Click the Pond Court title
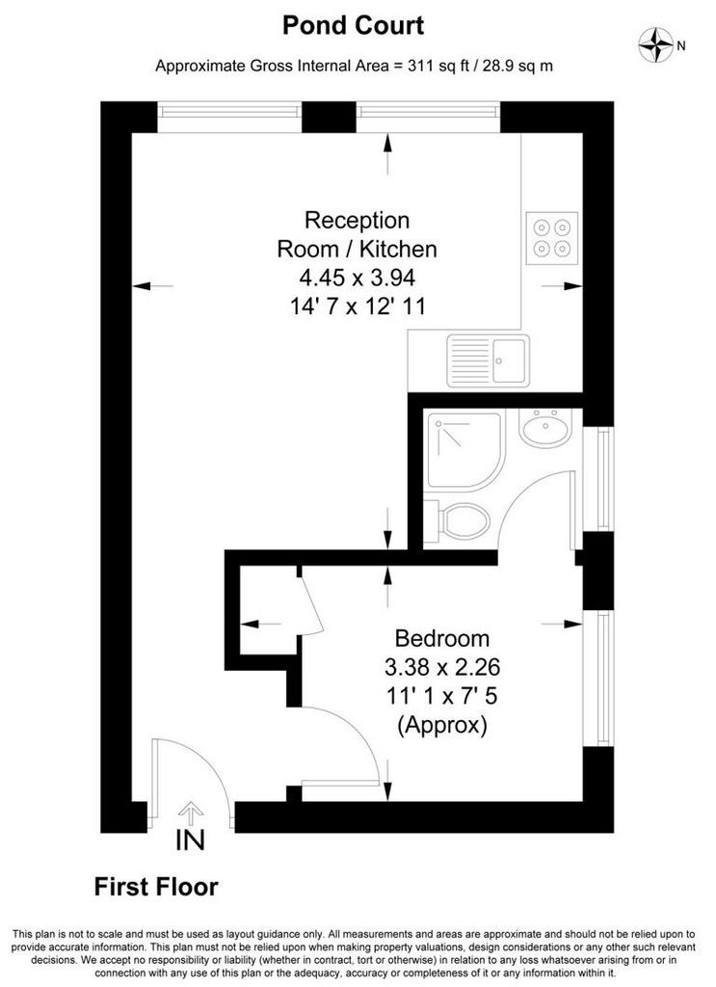[x=353, y=25]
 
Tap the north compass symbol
[x=656, y=44]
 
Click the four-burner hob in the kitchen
[x=552, y=237]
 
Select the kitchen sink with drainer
[x=489, y=360]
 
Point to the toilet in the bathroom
[x=458, y=521]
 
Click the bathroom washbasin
[x=544, y=428]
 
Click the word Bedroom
[x=441, y=638]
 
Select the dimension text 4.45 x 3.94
[x=358, y=277]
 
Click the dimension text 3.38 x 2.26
[x=441, y=666]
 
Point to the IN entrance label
[x=190, y=840]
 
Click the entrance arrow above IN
[x=191, y=812]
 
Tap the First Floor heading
[x=156, y=887]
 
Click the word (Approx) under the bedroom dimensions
[x=441, y=725]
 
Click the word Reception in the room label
[x=357, y=221]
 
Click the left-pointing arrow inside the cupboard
[x=260, y=624]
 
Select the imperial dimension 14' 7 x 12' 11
[x=358, y=307]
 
